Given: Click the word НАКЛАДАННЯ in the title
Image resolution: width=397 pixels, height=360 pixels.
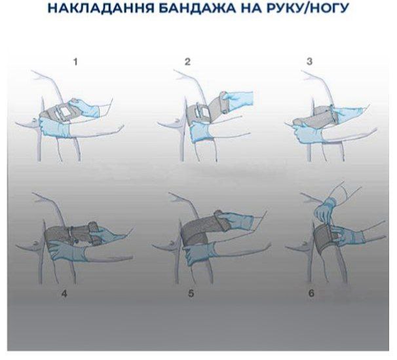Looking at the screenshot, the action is point(101,8).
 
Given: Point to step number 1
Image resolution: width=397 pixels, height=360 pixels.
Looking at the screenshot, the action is point(75,62).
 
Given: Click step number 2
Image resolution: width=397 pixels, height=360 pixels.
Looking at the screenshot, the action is point(187,62).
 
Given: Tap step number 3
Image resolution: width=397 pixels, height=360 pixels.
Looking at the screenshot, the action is point(309,62).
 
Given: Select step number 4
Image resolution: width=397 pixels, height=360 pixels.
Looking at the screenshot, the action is point(64,294).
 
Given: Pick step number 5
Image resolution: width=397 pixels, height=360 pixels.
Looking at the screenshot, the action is point(191,293).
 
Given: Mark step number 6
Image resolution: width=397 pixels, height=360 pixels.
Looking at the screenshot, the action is point(311,293).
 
